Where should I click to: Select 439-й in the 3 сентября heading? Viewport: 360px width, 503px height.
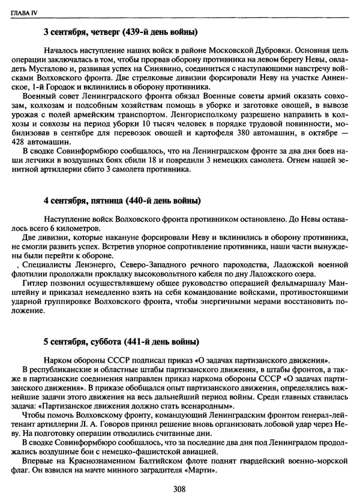pyautogui.click(x=136, y=32)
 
